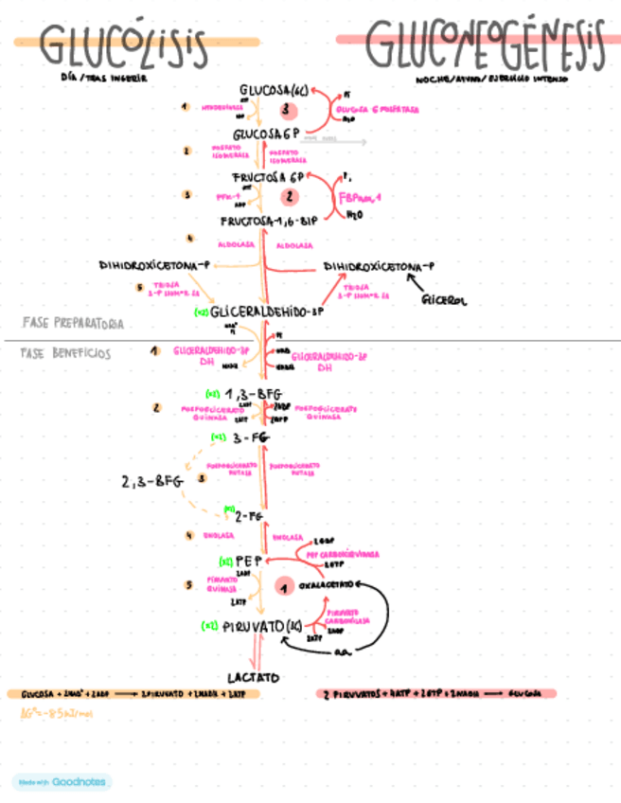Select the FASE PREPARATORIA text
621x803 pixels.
pos(72,324)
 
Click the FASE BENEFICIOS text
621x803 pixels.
pos(65,353)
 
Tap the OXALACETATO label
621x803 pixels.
pos(328,585)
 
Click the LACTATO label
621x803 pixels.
pos(255,678)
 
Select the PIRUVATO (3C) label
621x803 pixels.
pos(260,625)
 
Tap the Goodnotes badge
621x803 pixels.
pos(62,782)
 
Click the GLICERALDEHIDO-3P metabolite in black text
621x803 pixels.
pos(268,312)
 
